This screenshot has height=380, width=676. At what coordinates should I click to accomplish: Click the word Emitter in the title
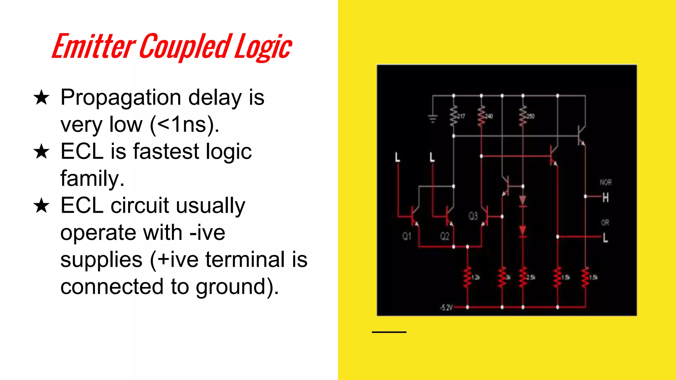click(93, 47)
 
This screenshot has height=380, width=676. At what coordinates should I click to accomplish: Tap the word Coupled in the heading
click(186, 47)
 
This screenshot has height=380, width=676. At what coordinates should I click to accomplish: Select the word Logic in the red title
click(263, 47)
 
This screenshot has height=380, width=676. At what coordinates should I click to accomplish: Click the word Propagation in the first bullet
click(121, 98)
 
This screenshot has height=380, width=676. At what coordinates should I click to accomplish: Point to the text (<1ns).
click(185, 125)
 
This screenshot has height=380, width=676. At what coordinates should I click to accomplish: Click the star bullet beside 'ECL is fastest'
click(41, 152)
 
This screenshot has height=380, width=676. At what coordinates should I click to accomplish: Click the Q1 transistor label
click(407, 236)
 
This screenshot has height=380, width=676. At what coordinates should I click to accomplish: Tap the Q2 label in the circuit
click(445, 236)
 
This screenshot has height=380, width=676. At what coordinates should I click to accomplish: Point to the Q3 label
click(473, 216)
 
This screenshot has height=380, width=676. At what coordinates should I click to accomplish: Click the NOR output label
click(605, 182)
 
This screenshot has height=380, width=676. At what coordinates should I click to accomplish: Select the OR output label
click(605, 223)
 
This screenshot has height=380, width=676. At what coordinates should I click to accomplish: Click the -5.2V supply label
click(446, 307)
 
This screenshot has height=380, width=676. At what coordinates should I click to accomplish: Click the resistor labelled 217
click(454, 115)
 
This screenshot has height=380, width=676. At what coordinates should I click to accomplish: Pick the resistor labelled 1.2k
click(467, 277)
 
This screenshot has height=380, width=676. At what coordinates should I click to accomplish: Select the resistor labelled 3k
click(502, 277)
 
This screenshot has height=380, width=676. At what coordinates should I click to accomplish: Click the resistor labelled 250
click(523, 115)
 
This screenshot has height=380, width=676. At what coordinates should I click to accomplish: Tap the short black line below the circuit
click(389, 332)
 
